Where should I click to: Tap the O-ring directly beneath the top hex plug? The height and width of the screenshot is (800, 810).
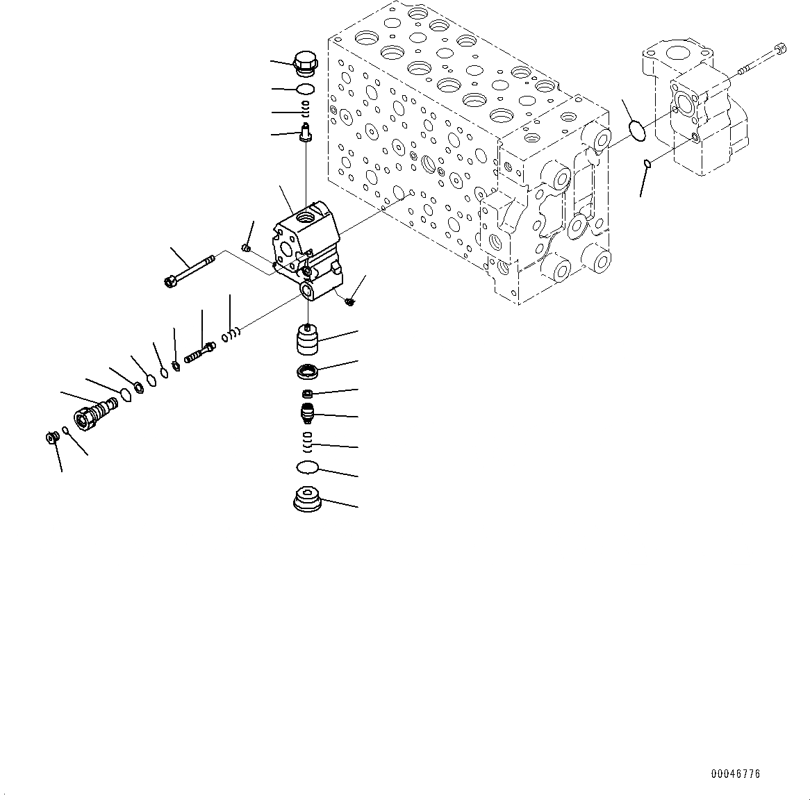[305, 88]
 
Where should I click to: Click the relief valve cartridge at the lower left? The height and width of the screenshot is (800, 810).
[94, 411]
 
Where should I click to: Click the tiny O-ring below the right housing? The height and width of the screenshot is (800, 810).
[647, 163]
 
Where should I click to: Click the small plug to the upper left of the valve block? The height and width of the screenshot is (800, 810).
[246, 248]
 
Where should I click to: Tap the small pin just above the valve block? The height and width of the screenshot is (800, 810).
[305, 131]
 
